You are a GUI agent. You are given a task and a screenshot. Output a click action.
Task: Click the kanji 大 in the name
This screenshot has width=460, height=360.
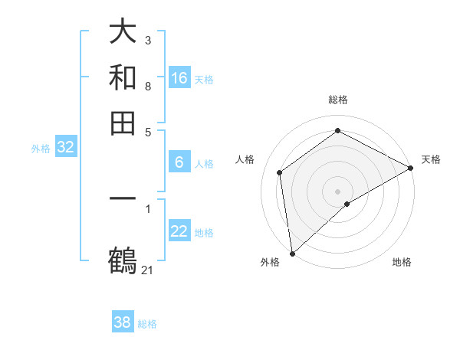coord(123,31)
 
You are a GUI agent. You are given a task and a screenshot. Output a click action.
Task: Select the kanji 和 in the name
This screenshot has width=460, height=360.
coord(123,77)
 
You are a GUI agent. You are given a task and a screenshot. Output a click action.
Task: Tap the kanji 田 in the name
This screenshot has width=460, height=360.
coord(123,123)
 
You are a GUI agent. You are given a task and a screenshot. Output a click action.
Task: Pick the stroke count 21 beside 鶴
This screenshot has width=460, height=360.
coord(147,270)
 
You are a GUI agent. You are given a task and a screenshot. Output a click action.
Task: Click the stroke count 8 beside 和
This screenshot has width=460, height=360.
coord(147,86)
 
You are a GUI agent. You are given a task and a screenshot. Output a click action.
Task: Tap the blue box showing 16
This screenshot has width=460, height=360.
coord(179,78)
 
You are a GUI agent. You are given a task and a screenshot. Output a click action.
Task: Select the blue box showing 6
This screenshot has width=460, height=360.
coord(179,162)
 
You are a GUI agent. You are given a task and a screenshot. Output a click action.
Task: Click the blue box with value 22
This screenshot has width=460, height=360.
coord(179,231)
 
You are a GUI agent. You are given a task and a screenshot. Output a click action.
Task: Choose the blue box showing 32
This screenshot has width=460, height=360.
coord(65,148)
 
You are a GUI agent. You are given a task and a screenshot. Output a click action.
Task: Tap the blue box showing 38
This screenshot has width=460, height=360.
coord(122,322)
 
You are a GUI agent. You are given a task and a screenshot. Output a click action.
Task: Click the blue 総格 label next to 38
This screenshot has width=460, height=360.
coord(147,324)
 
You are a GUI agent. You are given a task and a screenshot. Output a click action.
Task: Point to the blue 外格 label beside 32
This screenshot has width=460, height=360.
coord(41,149)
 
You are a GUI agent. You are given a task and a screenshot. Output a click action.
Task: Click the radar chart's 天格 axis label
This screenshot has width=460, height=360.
coord(431,159)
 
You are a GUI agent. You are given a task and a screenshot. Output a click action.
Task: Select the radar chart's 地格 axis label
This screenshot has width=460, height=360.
coord(402,262)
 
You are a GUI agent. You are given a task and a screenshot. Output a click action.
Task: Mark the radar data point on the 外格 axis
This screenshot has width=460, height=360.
coord(292,254)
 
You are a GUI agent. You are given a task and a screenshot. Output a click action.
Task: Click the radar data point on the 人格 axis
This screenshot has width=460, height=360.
coord(280,172)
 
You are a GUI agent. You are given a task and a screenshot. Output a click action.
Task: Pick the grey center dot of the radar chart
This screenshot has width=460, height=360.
coord(337,191)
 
